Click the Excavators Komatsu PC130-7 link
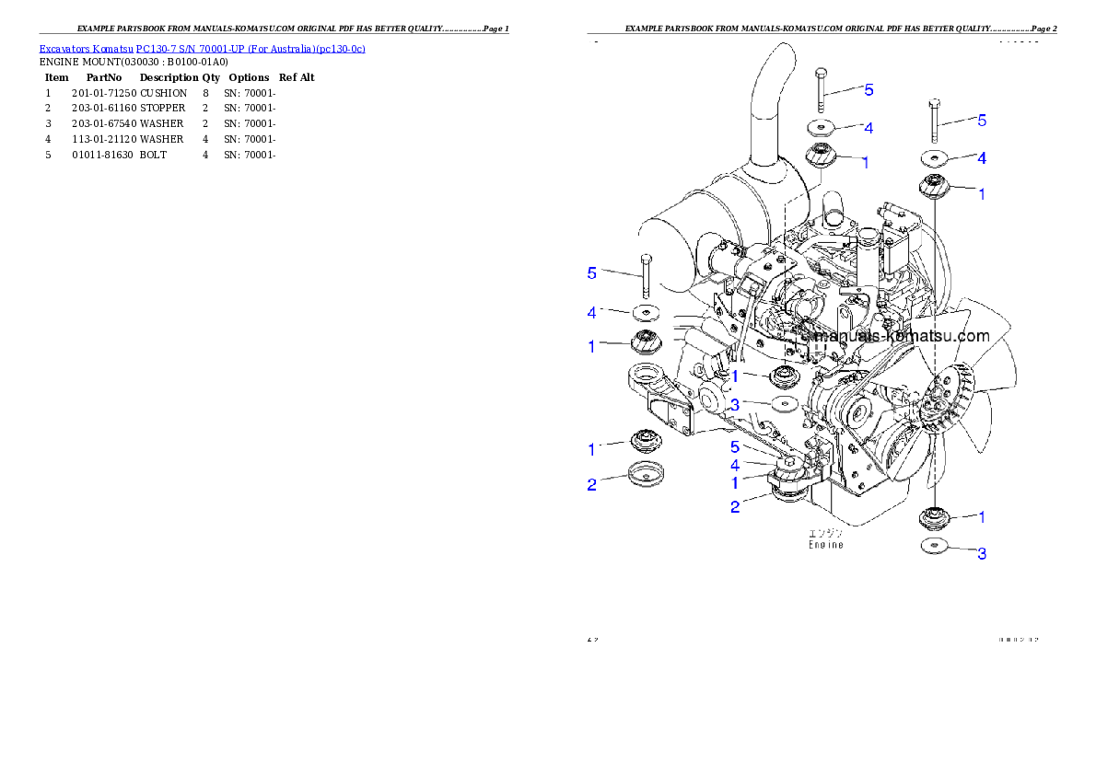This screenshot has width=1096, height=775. pyautogui.click(x=202, y=49)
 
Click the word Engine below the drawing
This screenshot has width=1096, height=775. pyautogui.click(x=826, y=545)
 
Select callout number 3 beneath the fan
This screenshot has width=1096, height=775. pyautogui.click(x=982, y=554)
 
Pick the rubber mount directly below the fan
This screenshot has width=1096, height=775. pyautogui.click(x=936, y=518)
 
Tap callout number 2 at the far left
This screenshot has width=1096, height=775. pyautogui.click(x=592, y=484)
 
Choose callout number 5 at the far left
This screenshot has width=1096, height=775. pyautogui.click(x=592, y=272)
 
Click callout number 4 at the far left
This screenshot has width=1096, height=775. pyautogui.click(x=592, y=313)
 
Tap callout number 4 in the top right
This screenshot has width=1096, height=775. pyautogui.click(x=982, y=158)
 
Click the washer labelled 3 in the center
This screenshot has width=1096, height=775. pyautogui.click(x=781, y=403)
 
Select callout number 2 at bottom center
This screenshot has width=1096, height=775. pyautogui.click(x=735, y=506)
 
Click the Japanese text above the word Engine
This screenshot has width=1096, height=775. pyautogui.click(x=826, y=532)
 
